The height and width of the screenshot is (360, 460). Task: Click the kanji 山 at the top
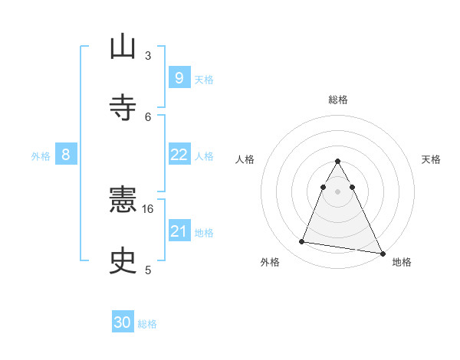point(123,47)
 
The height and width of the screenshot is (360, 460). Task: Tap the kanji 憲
point(123,201)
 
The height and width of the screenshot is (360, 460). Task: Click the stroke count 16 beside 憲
point(148,208)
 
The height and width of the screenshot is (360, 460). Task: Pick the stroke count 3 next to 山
point(148,55)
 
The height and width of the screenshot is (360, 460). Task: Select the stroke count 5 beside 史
point(148,270)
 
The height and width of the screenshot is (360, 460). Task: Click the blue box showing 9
point(179,77)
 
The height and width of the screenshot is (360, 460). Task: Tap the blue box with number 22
point(179,154)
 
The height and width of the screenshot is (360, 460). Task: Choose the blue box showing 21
point(179,231)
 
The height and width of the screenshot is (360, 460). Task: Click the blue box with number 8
point(66,155)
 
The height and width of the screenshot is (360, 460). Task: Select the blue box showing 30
point(123,322)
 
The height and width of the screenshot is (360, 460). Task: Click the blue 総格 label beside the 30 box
point(147,324)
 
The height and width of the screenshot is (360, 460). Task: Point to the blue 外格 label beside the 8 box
point(41,156)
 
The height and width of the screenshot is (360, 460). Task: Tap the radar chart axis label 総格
point(338,100)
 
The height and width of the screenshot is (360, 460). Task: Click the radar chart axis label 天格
point(432,159)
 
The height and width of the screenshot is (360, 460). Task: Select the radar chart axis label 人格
point(245,159)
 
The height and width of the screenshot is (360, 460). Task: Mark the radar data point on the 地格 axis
point(382,253)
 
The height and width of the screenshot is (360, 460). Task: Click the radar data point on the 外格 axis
point(301,242)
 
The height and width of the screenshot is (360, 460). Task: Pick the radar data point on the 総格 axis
point(338,162)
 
